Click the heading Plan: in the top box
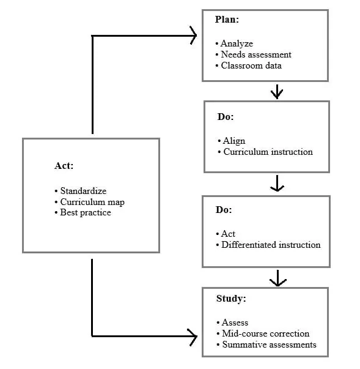click(227, 20)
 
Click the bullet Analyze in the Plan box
click(236, 43)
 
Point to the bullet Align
click(233, 141)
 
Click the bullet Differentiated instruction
click(270, 245)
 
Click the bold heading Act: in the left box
click(64, 166)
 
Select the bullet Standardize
click(83, 191)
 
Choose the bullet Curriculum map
click(92, 202)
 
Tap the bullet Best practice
click(85, 212)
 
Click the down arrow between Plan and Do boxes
click(277, 92)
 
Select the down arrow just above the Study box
click(278, 280)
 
